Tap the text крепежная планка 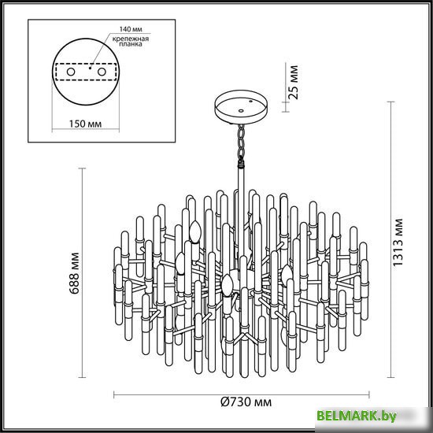[x=131, y=41]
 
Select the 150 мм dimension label [x=85, y=124]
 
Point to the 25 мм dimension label [x=293, y=82]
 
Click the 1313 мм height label [x=398, y=242]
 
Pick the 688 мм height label [x=74, y=273]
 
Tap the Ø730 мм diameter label [x=246, y=402]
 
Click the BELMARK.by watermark [x=356, y=416]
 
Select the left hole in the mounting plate [x=71, y=72]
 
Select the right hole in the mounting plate [x=102, y=72]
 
